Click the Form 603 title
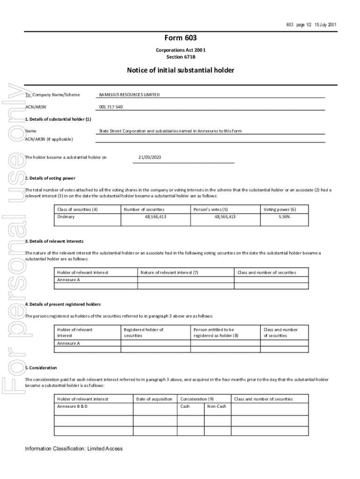coord(180,38)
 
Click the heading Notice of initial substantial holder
coord(180,71)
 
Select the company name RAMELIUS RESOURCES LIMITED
coord(130,95)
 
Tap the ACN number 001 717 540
coord(111,107)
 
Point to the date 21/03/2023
coord(150,157)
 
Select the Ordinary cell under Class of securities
coord(66,217)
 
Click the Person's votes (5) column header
coord(211,210)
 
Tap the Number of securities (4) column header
coord(144,210)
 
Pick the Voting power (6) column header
coord(280,210)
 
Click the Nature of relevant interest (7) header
coord(169,272)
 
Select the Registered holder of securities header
coord(144,333)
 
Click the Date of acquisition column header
coord(154,399)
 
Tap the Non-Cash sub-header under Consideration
coord(216,406)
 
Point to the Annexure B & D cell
coord(72,406)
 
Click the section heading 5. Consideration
coord(41,368)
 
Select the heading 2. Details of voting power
coord(50,178)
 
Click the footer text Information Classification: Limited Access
coord(74,449)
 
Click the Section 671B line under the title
coord(180,57)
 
